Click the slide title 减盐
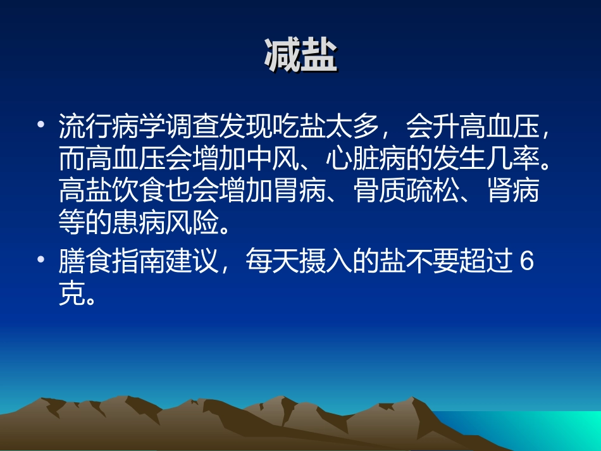(300, 56)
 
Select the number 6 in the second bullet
(527, 262)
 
